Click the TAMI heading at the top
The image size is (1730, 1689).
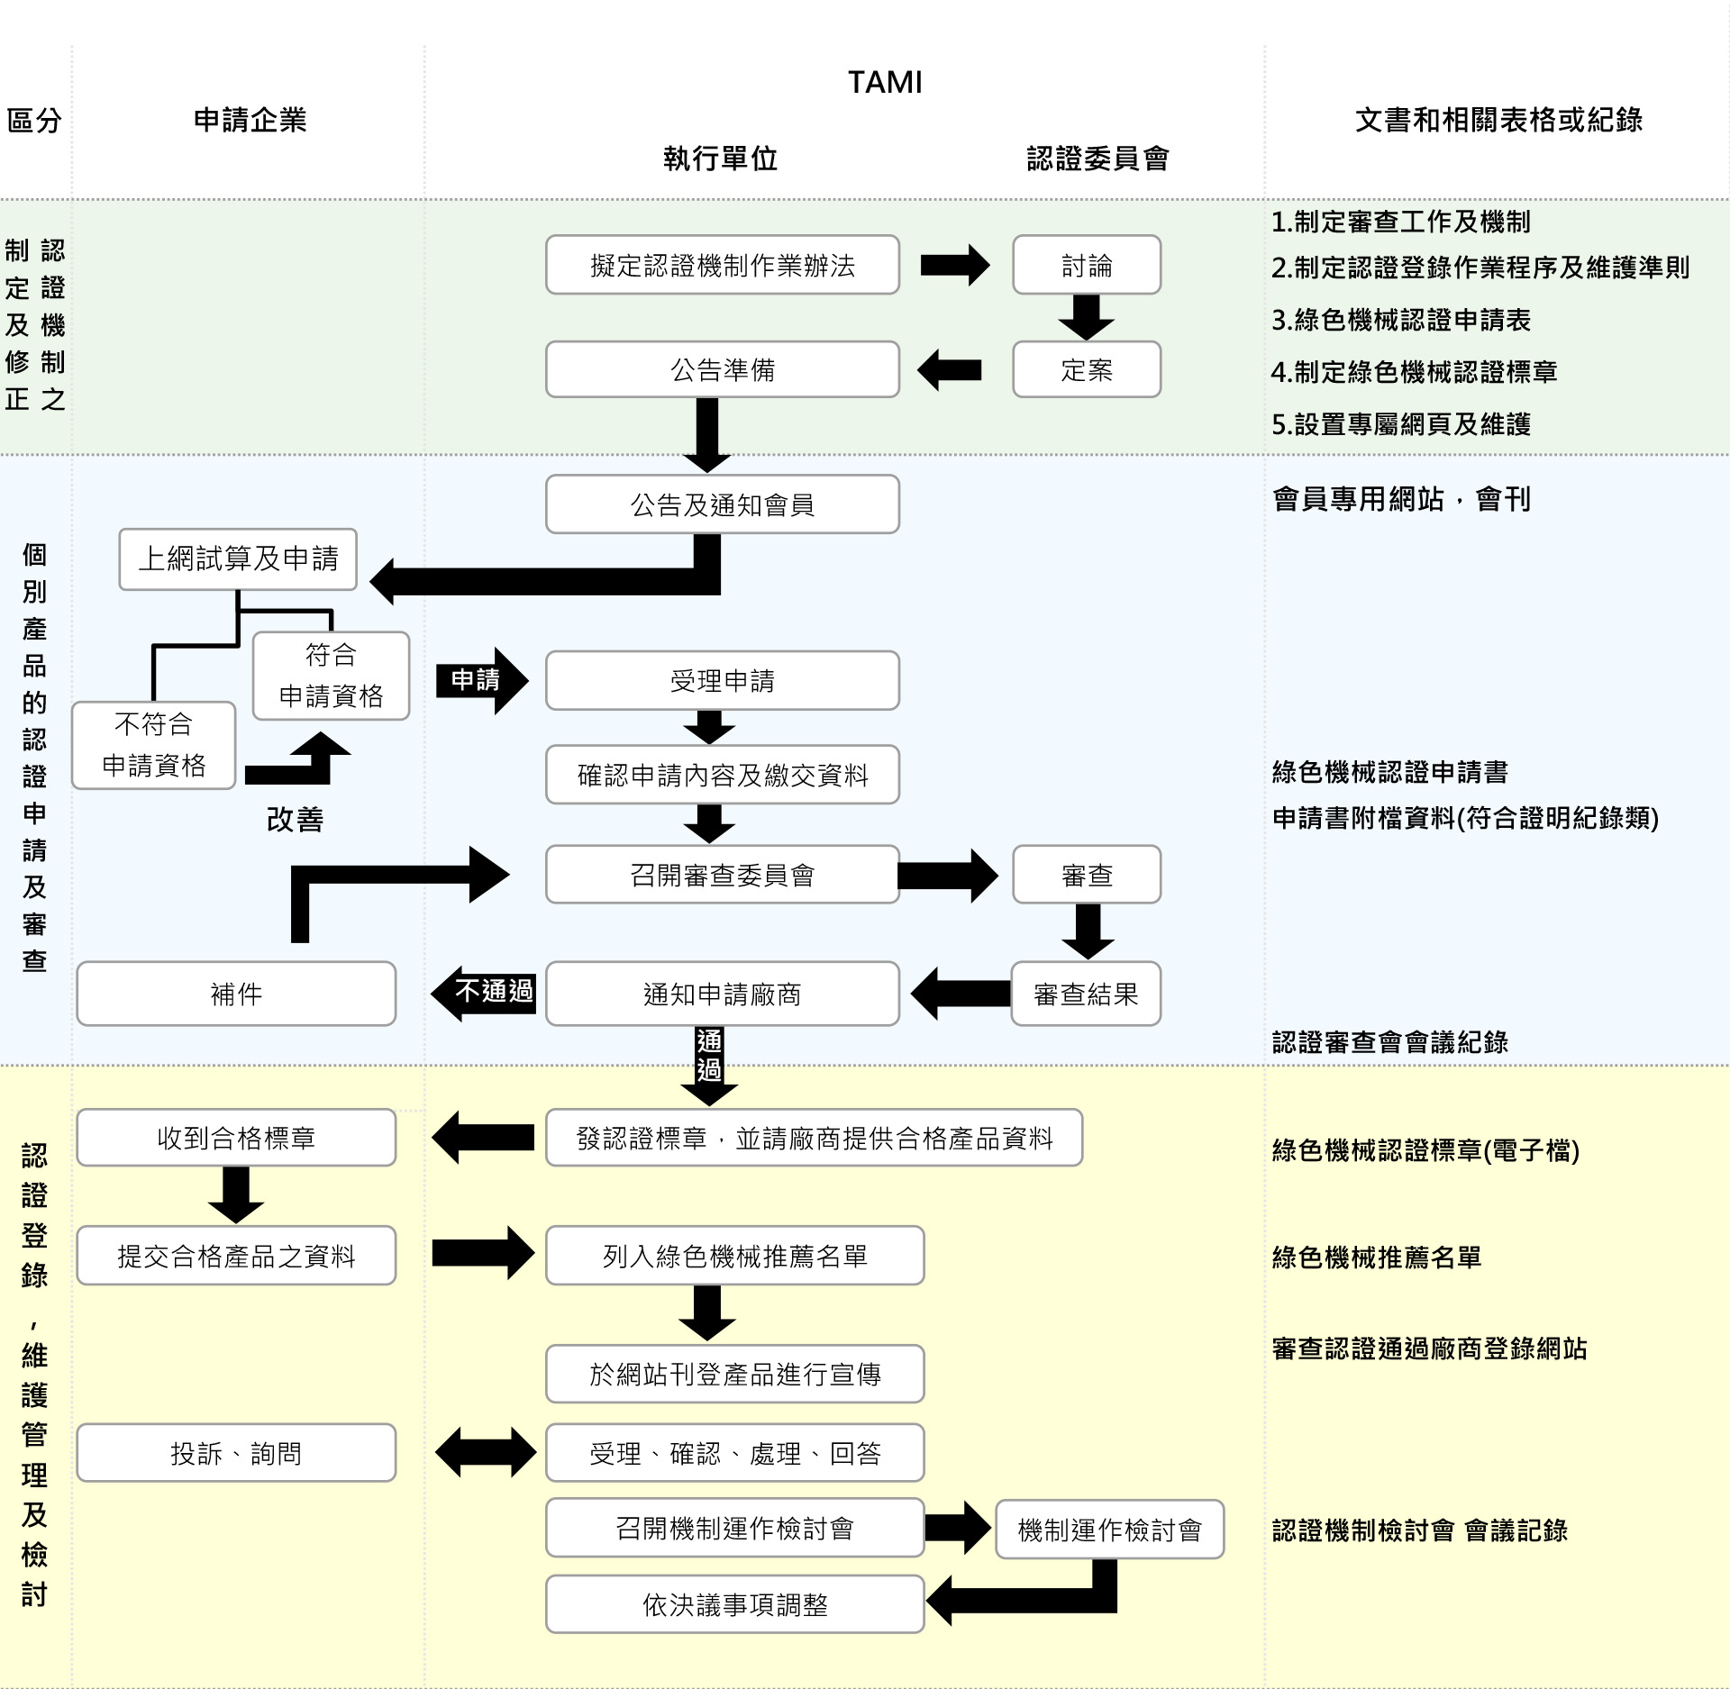(x=885, y=82)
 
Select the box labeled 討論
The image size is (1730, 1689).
(x=1086, y=265)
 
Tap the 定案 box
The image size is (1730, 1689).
(x=1086, y=369)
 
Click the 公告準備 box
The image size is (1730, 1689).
(x=722, y=369)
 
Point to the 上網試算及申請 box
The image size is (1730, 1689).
(x=238, y=558)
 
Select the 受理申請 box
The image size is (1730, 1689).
(x=722, y=680)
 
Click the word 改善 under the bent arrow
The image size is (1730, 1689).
(x=295, y=819)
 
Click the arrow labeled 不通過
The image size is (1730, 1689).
(x=487, y=992)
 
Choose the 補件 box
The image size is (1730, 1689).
(x=236, y=994)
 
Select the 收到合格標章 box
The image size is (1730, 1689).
(x=236, y=1138)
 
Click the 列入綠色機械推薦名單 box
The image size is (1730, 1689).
(x=734, y=1255)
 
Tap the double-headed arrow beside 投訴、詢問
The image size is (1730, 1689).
(x=486, y=1452)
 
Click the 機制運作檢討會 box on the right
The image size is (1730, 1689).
(x=1109, y=1530)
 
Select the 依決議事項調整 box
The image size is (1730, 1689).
(x=734, y=1604)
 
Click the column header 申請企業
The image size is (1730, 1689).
(x=250, y=120)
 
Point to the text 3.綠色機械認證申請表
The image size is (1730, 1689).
(x=1400, y=320)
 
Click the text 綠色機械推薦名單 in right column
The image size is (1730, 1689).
(x=1376, y=1257)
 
